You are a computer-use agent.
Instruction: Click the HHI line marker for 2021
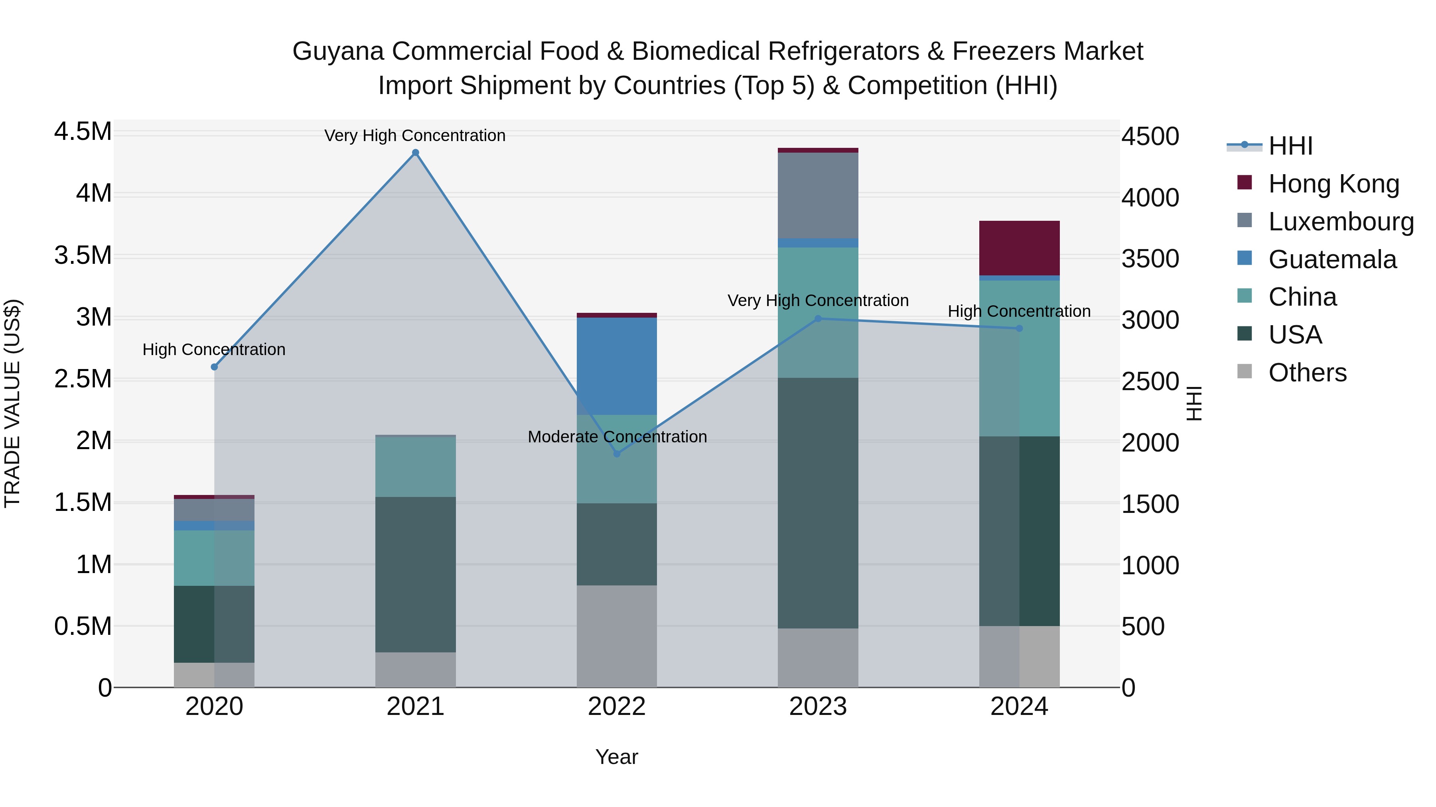tap(415, 153)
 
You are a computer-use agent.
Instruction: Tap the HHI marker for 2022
tap(617, 454)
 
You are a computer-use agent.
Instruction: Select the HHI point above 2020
tap(214, 367)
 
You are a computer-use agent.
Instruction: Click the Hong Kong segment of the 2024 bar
tap(1019, 248)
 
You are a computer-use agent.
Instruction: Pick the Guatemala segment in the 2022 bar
tap(617, 366)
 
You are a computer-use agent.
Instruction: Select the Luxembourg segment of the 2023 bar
tap(818, 195)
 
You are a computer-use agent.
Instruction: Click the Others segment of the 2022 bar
tap(617, 636)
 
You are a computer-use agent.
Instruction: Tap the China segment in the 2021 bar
tap(415, 466)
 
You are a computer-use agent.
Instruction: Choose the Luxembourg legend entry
tap(1341, 222)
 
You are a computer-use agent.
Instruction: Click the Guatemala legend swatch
tap(1244, 258)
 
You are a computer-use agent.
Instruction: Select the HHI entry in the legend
tap(1290, 146)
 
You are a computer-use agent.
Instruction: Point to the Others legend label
tap(1307, 373)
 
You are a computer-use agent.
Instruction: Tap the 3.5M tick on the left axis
tap(83, 255)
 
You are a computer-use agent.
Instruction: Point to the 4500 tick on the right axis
tap(1150, 136)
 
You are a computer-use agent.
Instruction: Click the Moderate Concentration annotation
tap(617, 437)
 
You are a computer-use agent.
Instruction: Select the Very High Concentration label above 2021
tap(415, 135)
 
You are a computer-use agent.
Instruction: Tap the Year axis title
tap(617, 757)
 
